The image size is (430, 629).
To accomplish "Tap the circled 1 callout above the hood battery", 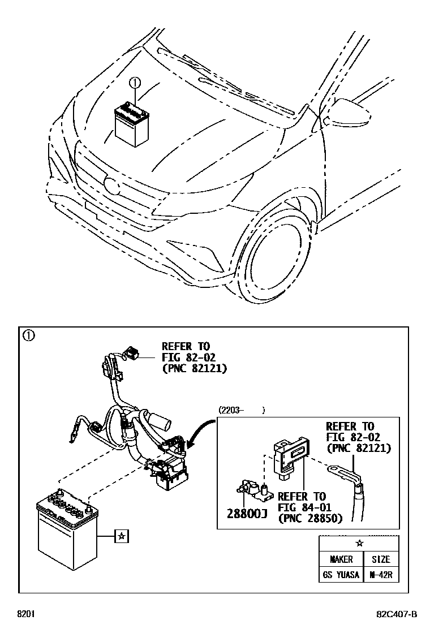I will tap(135, 83).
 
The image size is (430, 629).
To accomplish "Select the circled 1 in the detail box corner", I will tap(28, 335).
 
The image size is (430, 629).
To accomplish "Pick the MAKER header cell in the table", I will tap(341, 559).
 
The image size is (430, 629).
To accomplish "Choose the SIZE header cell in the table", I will tap(380, 559).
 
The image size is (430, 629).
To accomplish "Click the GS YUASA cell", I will tap(341, 575).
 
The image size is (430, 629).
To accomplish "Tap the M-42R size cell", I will tap(380, 575).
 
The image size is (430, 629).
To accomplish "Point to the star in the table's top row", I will tap(359, 543).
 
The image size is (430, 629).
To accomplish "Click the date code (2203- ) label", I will tap(241, 411).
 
